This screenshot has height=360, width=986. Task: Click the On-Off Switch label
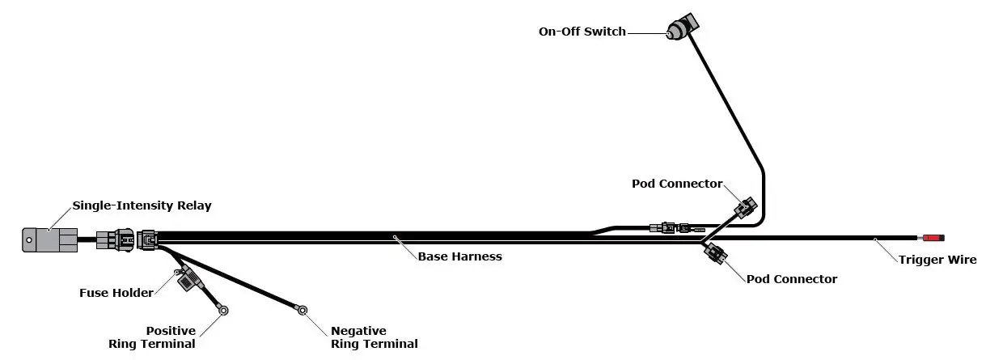(x=582, y=32)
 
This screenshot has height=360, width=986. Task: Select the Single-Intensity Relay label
(x=142, y=205)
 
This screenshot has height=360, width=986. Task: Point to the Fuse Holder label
(x=116, y=293)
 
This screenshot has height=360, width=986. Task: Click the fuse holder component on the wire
(x=188, y=280)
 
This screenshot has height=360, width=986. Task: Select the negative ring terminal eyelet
(x=302, y=309)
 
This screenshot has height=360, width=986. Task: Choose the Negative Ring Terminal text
(x=374, y=337)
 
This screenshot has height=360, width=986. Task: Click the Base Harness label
(x=459, y=256)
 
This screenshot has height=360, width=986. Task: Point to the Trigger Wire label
(x=937, y=260)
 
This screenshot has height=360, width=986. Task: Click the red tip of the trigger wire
(x=933, y=239)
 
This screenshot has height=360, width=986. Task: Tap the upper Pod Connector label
(x=676, y=184)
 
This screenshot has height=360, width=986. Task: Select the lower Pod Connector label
(x=791, y=279)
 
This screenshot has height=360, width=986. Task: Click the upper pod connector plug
(x=745, y=207)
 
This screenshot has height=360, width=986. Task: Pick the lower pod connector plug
(x=713, y=254)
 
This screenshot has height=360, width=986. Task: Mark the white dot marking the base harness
(x=395, y=237)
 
